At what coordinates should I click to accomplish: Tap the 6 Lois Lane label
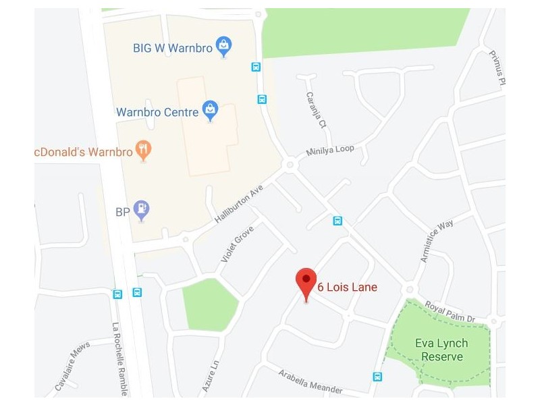pyautogui.click(x=347, y=288)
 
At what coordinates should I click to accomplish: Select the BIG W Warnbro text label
pyautogui.click(x=173, y=47)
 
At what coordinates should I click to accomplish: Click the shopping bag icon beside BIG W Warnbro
pyautogui.click(x=223, y=47)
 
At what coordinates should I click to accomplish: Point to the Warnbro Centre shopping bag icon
pyautogui.click(x=211, y=110)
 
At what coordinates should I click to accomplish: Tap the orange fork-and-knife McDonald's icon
pyautogui.click(x=143, y=150)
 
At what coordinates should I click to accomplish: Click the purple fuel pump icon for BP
pyautogui.click(x=141, y=210)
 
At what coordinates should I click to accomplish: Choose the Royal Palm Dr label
pyautogui.click(x=452, y=310)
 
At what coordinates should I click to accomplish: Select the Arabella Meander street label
pyautogui.click(x=312, y=380)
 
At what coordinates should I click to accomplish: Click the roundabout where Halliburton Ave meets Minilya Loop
pyautogui.click(x=291, y=164)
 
